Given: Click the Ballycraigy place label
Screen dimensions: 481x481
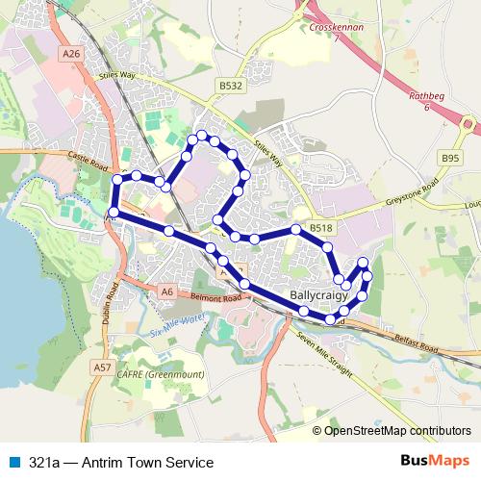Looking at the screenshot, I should click(x=319, y=296).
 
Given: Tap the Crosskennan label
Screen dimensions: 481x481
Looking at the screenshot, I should click(x=336, y=28).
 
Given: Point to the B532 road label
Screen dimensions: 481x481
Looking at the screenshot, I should click(x=230, y=87).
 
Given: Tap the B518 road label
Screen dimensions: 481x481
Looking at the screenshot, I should click(x=320, y=228).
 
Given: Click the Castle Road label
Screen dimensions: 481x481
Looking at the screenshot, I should click(x=91, y=159).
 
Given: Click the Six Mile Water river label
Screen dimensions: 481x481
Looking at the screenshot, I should click(x=179, y=324).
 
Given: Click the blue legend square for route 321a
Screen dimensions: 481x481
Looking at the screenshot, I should click(x=13, y=462).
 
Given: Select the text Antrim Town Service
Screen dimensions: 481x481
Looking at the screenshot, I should click(x=149, y=462).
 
